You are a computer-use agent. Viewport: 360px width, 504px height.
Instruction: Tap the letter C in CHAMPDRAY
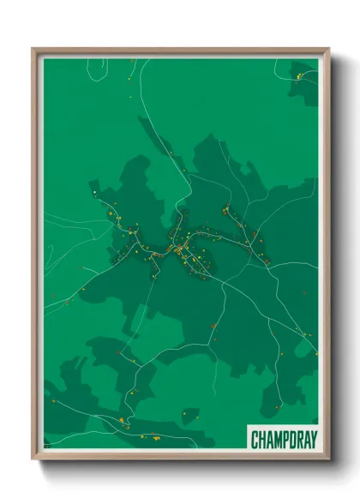pyautogui.click(x=255, y=440)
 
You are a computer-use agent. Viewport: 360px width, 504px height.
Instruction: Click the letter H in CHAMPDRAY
pyautogui.click(x=261, y=440)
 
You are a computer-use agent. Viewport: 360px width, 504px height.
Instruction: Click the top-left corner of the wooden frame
pyautogui.click(x=33, y=49)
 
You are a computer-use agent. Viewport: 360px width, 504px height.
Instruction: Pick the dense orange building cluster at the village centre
pyautogui.click(x=180, y=250)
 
